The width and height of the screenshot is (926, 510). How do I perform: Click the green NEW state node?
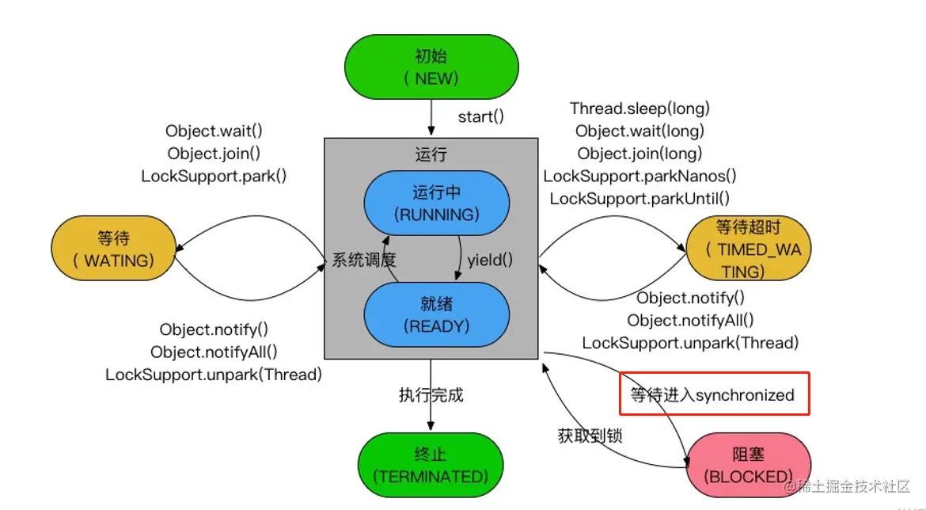click(x=431, y=67)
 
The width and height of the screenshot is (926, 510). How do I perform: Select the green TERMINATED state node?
click(x=431, y=466)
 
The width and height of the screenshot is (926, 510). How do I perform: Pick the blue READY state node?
click(x=436, y=314)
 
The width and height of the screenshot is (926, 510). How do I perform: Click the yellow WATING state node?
click(x=113, y=249)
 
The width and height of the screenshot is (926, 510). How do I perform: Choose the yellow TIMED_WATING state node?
click(x=748, y=249)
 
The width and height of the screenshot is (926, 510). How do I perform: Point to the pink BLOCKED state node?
click(x=747, y=466)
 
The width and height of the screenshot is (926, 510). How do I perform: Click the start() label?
click(x=480, y=117)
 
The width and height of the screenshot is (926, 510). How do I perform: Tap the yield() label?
click(x=490, y=259)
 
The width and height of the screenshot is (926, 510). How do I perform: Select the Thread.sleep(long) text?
click(x=639, y=108)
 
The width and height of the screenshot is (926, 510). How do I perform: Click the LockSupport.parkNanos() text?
click(x=639, y=176)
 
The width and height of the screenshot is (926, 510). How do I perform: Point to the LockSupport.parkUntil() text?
click(x=639, y=199)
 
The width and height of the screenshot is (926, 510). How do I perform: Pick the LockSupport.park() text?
click(x=214, y=176)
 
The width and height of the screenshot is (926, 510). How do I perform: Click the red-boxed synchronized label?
click(x=712, y=394)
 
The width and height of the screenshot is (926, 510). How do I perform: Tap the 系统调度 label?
click(x=363, y=259)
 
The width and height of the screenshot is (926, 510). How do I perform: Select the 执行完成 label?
click(x=431, y=394)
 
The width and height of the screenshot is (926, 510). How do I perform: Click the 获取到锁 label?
click(x=590, y=435)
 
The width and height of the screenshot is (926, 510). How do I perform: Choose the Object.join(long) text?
click(x=639, y=154)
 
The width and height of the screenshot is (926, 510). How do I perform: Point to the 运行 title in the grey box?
click(x=431, y=155)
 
